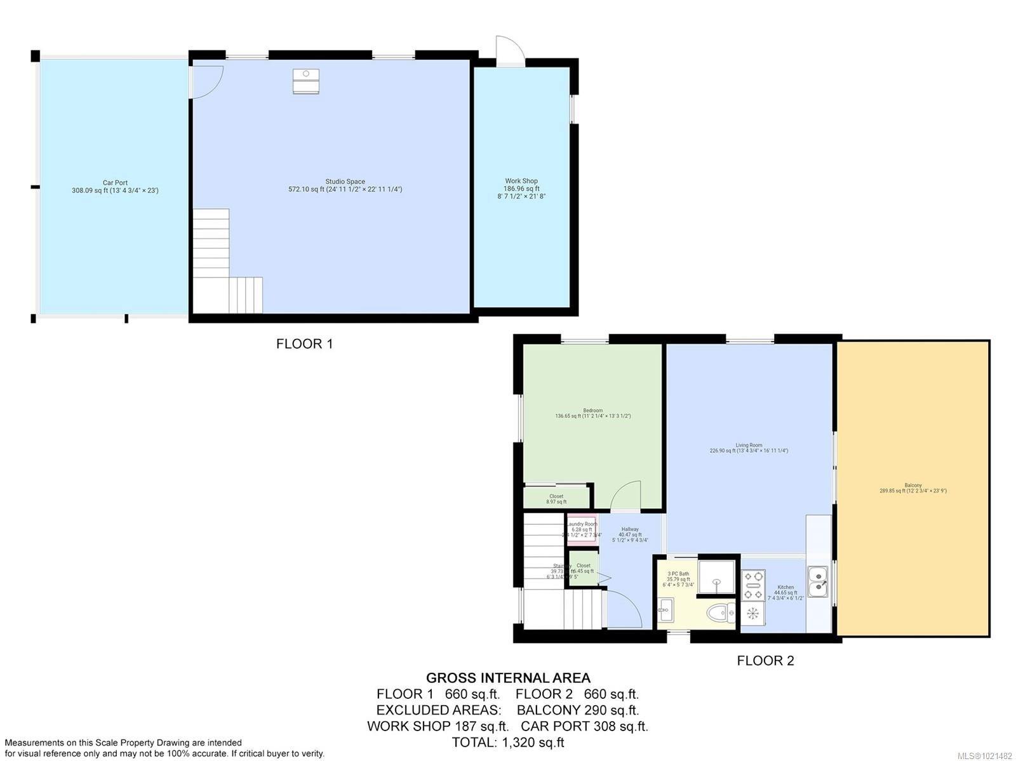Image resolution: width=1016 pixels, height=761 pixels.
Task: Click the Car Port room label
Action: [x=115, y=187]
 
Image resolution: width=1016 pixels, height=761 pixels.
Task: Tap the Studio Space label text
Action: [x=345, y=185]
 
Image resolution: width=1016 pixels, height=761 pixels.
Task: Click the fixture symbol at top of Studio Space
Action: [x=306, y=81]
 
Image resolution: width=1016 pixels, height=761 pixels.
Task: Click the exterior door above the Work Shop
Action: [x=510, y=51]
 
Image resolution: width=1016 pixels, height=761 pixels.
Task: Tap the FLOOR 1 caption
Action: [x=304, y=344]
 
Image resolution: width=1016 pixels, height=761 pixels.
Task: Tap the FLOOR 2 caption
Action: [x=765, y=661]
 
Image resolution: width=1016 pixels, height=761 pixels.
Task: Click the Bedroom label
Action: [x=592, y=413]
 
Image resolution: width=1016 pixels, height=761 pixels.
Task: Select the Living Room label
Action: [x=749, y=448]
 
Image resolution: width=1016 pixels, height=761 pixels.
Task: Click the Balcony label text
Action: [x=912, y=487]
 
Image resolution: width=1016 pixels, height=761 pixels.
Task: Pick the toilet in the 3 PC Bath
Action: [x=719, y=613]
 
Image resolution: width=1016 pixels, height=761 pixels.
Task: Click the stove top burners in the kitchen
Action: [x=753, y=585]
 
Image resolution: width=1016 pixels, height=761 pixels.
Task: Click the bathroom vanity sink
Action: [x=665, y=611]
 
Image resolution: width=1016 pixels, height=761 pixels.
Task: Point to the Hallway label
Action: [x=630, y=534]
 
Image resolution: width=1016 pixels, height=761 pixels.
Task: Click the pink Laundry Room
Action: [x=581, y=528]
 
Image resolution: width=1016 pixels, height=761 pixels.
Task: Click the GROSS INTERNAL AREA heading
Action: [x=508, y=678]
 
